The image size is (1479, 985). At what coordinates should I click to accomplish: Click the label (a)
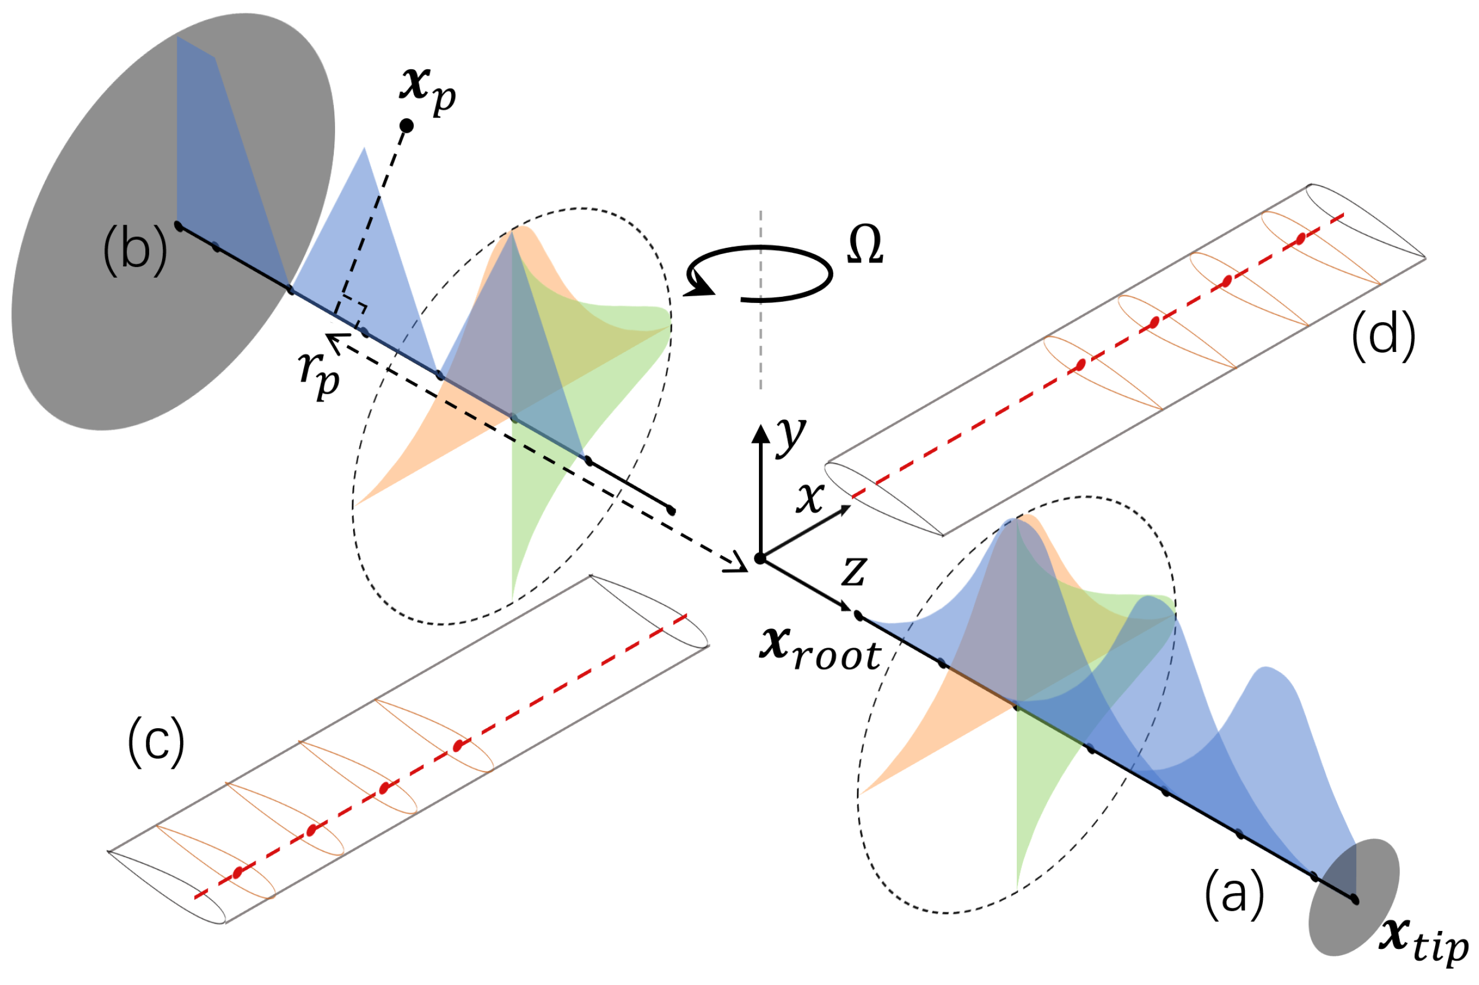[1234, 894]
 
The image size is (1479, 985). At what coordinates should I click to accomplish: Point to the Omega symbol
[865, 245]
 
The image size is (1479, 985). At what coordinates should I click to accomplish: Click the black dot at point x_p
[406, 126]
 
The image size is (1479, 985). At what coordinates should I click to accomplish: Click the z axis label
[854, 571]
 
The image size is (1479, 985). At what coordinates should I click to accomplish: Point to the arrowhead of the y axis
[761, 434]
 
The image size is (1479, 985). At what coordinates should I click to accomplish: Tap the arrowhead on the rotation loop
[700, 287]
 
